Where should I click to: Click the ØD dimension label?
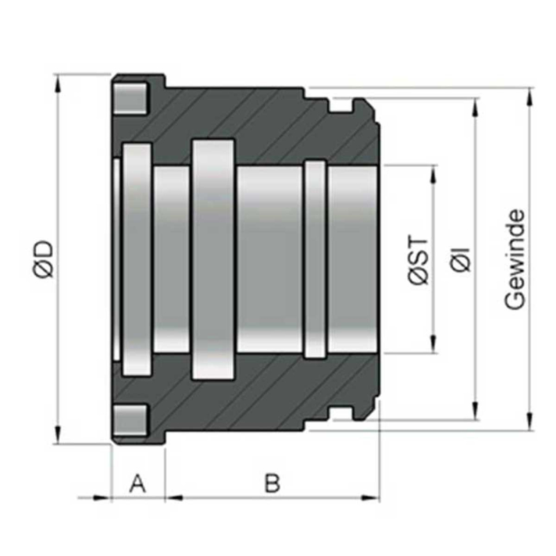44,259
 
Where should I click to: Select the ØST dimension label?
418,259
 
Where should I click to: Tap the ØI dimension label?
461,259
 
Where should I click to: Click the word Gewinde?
514,259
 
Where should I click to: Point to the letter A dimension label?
138,484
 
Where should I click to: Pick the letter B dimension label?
272,483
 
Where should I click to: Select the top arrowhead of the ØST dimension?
433,174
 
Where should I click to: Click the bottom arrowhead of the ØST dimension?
433,344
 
